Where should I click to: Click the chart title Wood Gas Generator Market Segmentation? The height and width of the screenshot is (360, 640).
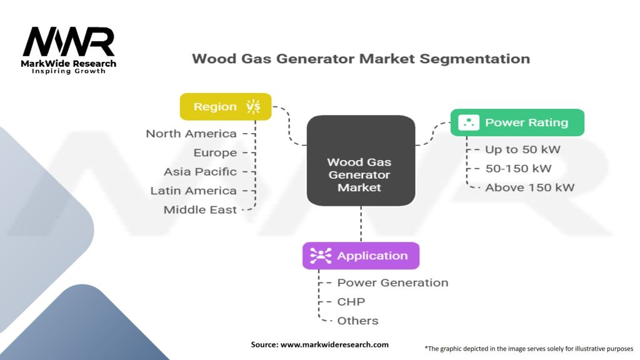(361, 59)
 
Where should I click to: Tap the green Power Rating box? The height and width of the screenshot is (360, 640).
(517, 122)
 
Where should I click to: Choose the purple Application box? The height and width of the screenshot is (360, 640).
(361, 256)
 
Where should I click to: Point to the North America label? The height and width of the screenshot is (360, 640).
(191, 134)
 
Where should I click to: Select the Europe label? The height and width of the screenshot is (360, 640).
(215, 152)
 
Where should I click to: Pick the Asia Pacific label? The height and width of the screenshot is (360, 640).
(200, 171)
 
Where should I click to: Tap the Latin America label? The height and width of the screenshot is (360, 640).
(193, 191)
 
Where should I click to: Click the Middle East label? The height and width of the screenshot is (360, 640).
(200, 210)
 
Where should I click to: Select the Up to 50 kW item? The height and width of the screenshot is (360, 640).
(522, 149)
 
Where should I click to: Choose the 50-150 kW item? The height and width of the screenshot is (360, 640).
(518, 168)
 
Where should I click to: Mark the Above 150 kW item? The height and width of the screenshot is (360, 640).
(529, 187)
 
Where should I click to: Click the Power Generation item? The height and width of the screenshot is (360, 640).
(392, 282)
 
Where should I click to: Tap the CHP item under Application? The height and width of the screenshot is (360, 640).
(351, 302)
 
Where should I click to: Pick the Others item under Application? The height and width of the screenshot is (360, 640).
(357, 321)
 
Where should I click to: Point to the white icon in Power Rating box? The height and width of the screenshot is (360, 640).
(468, 122)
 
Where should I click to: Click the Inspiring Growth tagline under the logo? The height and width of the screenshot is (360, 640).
(69, 71)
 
